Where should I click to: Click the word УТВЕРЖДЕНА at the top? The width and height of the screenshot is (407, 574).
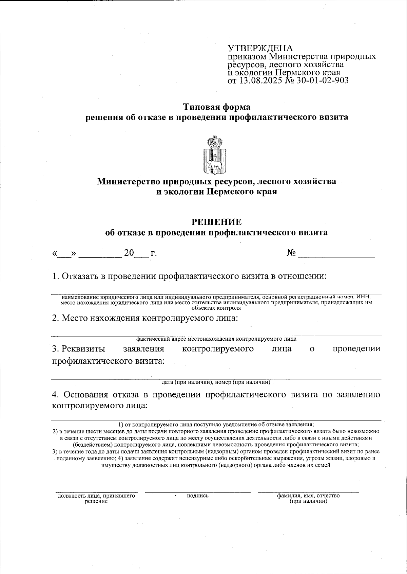pos(260,48)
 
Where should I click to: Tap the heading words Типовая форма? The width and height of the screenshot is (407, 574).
pos(217,107)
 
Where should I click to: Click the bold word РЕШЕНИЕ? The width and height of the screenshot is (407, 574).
pos(217,222)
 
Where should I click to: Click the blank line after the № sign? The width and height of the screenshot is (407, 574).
pos(336,255)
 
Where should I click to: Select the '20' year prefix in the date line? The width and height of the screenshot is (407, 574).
pos(129,253)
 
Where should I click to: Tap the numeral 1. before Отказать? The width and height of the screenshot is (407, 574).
pos(56,276)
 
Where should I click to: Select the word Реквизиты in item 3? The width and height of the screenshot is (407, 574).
pos(78,349)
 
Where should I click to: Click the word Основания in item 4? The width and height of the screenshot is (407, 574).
pos(85,395)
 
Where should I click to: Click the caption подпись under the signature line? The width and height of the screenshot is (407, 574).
pos(197,496)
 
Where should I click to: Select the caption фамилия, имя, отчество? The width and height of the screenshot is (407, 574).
pos(308,496)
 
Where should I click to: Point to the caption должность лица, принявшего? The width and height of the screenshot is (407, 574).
pos(96,496)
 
